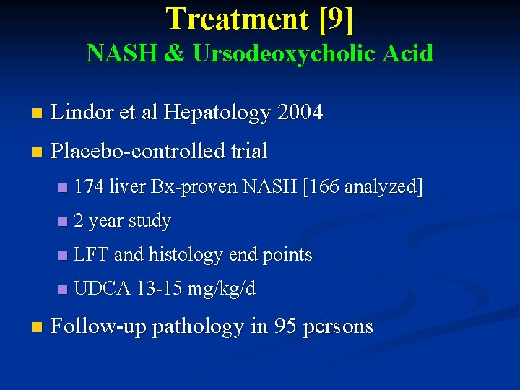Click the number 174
(89, 188)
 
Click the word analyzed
(383, 188)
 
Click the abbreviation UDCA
(102, 289)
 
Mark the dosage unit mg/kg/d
(222, 289)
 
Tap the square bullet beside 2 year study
(63, 222)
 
